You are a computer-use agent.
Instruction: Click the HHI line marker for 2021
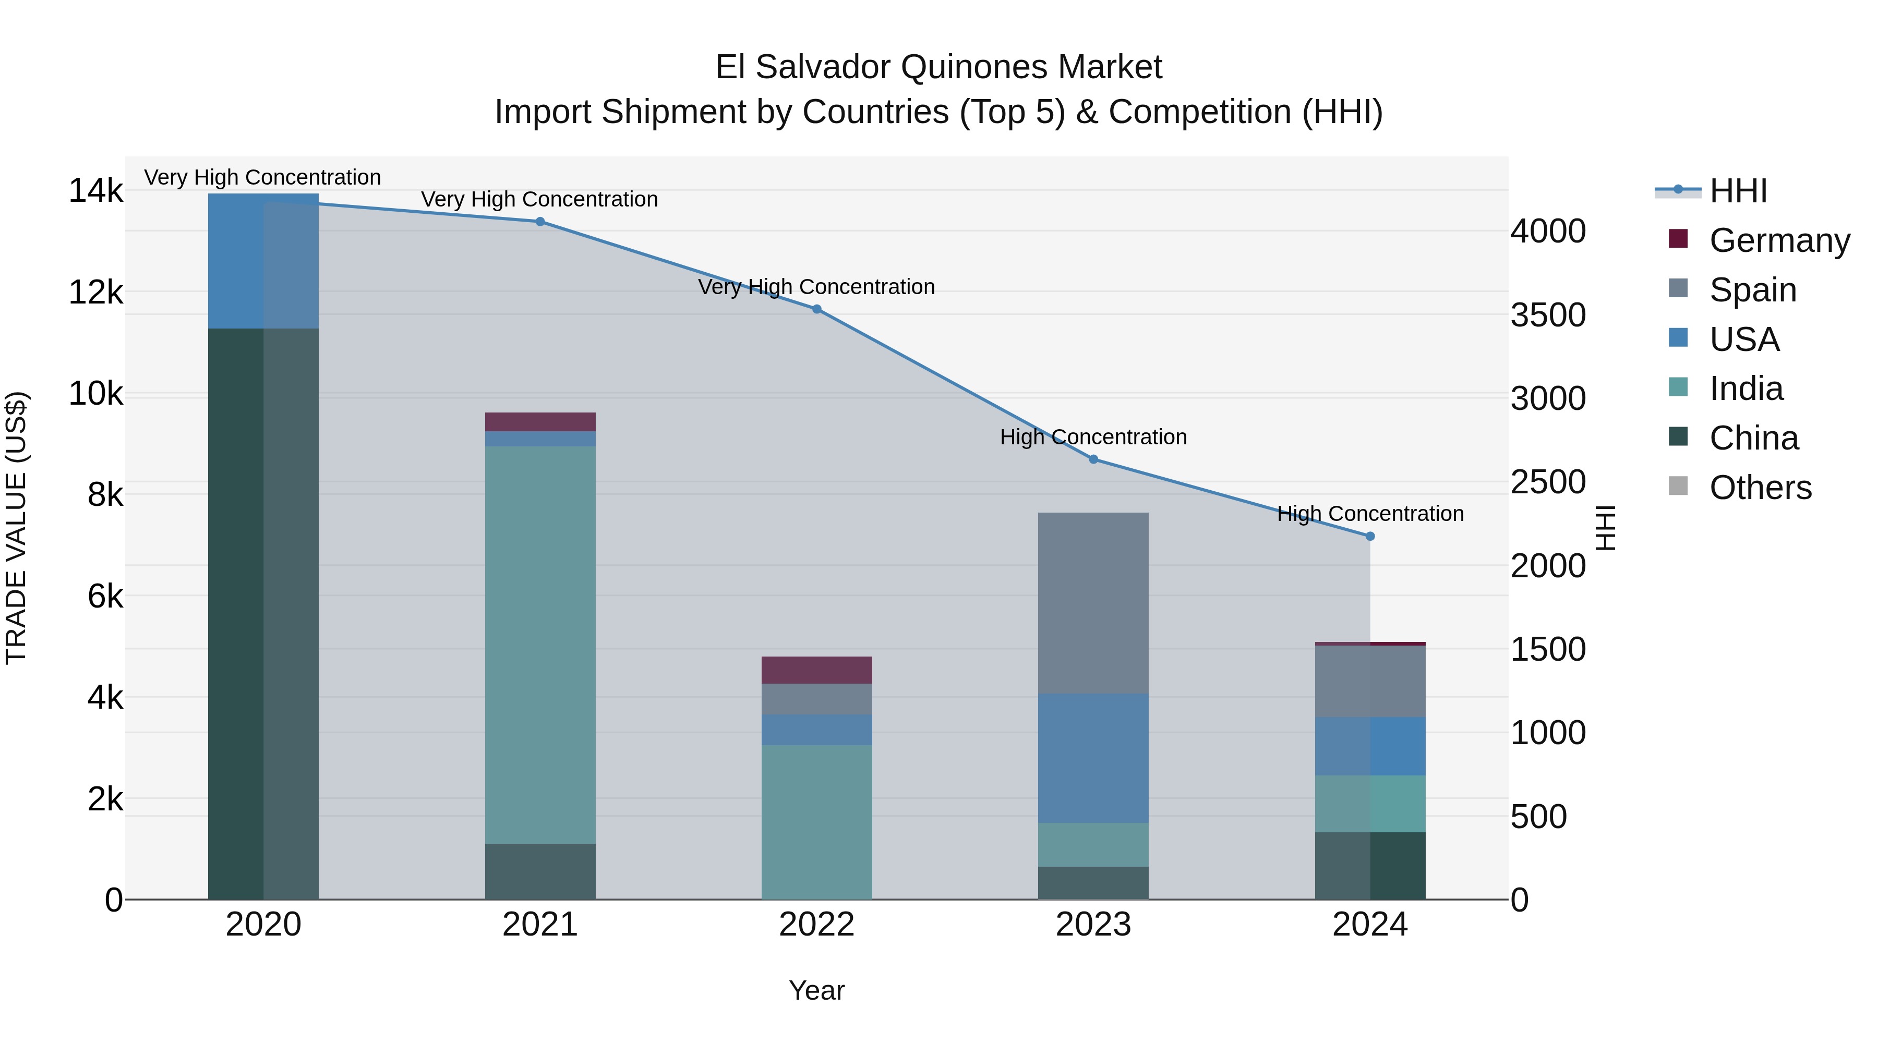[540, 222]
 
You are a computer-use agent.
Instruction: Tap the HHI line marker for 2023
[1093, 459]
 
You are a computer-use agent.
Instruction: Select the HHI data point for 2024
[1370, 537]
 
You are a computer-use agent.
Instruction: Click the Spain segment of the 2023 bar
[1093, 603]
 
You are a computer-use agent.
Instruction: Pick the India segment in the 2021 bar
[540, 645]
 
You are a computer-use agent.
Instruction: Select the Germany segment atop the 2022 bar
[816, 670]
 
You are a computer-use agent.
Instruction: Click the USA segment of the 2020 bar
[263, 261]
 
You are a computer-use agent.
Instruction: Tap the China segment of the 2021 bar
[540, 871]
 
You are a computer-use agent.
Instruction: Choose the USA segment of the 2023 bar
[1093, 758]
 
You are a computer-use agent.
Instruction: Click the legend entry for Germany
[1779, 240]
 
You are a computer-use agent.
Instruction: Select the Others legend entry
[1760, 488]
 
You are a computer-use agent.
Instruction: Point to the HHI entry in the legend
[1738, 191]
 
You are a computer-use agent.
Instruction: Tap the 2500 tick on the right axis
[1548, 482]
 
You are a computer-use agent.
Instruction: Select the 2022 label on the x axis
[816, 925]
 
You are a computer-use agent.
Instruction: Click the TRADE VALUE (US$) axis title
[16, 528]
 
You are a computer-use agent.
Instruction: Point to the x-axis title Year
[816, 990]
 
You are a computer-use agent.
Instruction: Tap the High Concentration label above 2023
[1093, 438]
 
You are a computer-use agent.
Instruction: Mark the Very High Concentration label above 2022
[816, 287]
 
